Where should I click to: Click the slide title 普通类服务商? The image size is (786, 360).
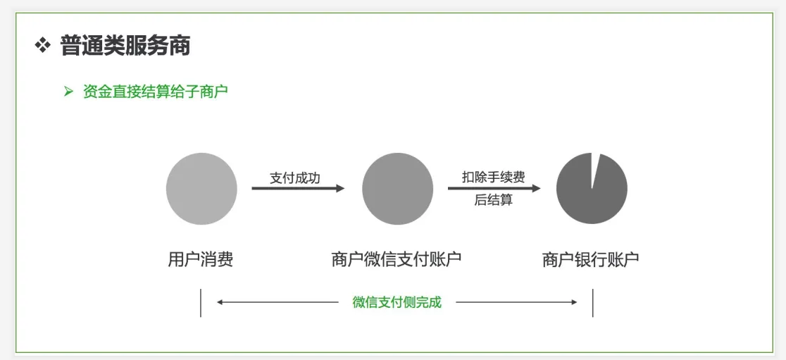click(x=125, y=46)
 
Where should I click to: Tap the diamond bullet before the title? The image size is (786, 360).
click(x=43, y=46)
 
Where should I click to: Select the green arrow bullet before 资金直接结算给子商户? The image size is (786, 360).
click(x=68, y=92)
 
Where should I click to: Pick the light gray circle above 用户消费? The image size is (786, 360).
click(x=201, y=188)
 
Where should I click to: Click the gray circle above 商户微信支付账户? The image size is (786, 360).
click(x=397, y=189)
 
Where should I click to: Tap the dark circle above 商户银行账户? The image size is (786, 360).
click(x=592, y=190)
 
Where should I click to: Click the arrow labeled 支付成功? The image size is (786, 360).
click(x=298, y=188)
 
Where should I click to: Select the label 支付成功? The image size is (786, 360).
click(x=294, y=178)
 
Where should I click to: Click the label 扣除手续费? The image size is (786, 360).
click(x=493, y=177)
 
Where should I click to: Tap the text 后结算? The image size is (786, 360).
click(x=493, y=200)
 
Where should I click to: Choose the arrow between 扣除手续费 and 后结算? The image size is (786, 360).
click(x=494, y=188)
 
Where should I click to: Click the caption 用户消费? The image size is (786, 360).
click(x=201, y=260)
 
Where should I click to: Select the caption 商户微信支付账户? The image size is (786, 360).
click(x=397, y=260)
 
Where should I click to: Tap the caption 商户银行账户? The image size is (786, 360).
click(x=590, y=260)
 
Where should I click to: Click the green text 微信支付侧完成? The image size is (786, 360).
click(x=397, y=302)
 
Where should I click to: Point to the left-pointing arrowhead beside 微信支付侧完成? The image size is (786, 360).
click(x=220, y=302)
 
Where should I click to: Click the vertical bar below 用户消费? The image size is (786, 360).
click(x=201, y=302)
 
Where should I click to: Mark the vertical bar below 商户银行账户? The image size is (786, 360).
click(x=593, y=302)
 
